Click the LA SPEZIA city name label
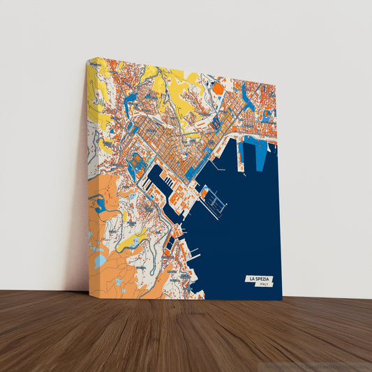click(259, 279)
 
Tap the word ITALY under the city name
click(263, 285)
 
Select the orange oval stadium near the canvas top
click(217, 88)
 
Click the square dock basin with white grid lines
click(215, 202)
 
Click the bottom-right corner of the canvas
click(282, 300)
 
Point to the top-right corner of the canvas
click(276, 84)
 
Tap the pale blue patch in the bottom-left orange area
click(102, 260)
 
